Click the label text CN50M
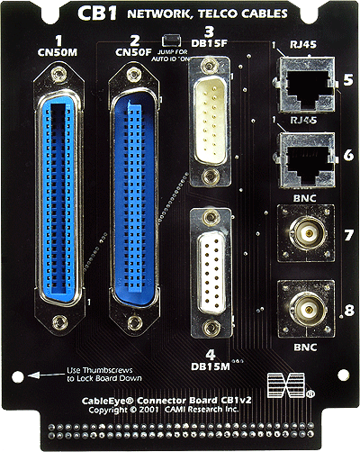[x=58, y=53]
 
